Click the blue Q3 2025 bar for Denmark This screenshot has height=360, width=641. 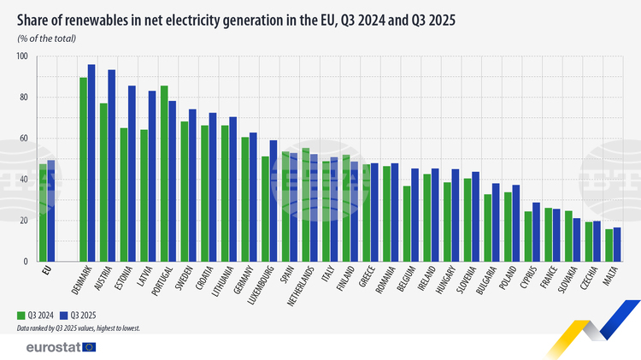pos(91,162)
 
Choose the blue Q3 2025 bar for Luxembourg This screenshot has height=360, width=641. pos(273,201)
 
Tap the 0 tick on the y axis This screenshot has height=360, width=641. pos(26,262)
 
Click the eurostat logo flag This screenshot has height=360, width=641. pos(88,346)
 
